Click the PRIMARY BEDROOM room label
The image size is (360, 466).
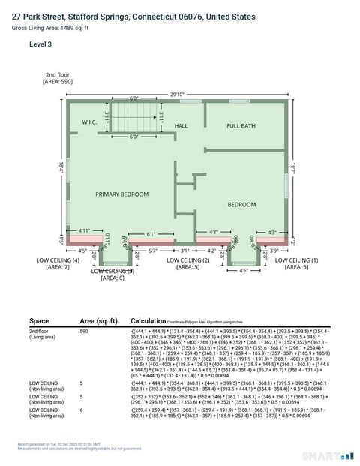121,194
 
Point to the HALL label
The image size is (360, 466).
181,125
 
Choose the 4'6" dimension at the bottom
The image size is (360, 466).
241,270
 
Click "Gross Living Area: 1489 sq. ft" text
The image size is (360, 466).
50,28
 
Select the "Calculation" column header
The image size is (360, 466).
147,320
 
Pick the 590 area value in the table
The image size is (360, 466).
84,330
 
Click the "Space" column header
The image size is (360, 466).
39,320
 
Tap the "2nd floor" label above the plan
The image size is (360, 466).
57,75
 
